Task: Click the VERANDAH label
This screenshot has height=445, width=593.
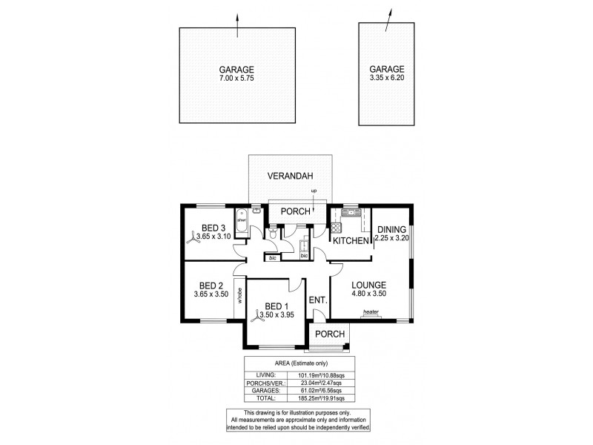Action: coord(291,176)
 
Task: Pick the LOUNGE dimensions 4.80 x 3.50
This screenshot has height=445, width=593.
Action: coord(369,292)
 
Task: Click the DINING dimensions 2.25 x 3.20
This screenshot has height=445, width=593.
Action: coord(391,239)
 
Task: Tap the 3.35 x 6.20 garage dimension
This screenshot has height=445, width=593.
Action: coord(386,77)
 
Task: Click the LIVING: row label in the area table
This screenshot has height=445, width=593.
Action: coord(262,375)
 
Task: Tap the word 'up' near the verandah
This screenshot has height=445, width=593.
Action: coord(314,192)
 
